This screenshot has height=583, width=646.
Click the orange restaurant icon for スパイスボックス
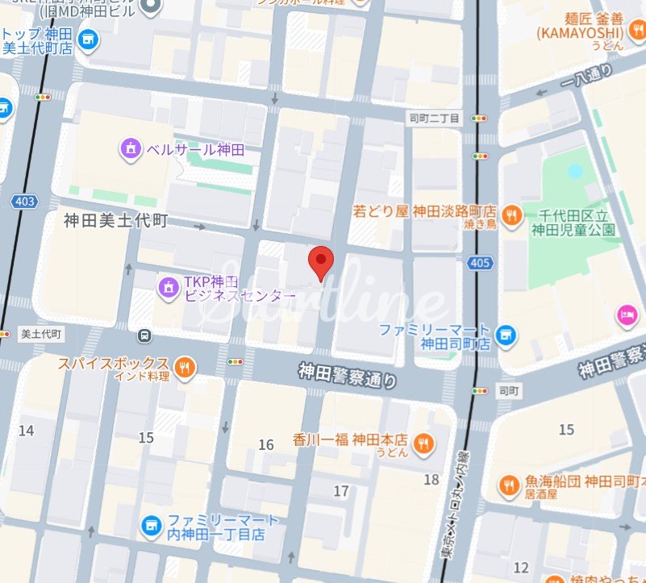pyautogui.click(x=185, y=368)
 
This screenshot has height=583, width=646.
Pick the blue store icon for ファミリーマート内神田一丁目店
pyautogui.click(x=150, y=527)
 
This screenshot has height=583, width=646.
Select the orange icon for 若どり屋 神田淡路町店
pyautogui.click(x=510, y=214)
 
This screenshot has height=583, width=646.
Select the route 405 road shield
pyautogui.click(x=479, y=262)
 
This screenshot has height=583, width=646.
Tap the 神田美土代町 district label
pyautogui.click(x=115, y=220)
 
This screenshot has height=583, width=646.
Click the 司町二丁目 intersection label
pyautogui.click(x=434, y=119)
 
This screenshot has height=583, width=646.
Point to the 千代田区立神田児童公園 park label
pyautogui.click(x=573, y=223)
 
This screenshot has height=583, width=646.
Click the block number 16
pyautogui.click(x=266, y=444)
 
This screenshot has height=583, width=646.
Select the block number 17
pyautogui.click(x=341, y=490)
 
